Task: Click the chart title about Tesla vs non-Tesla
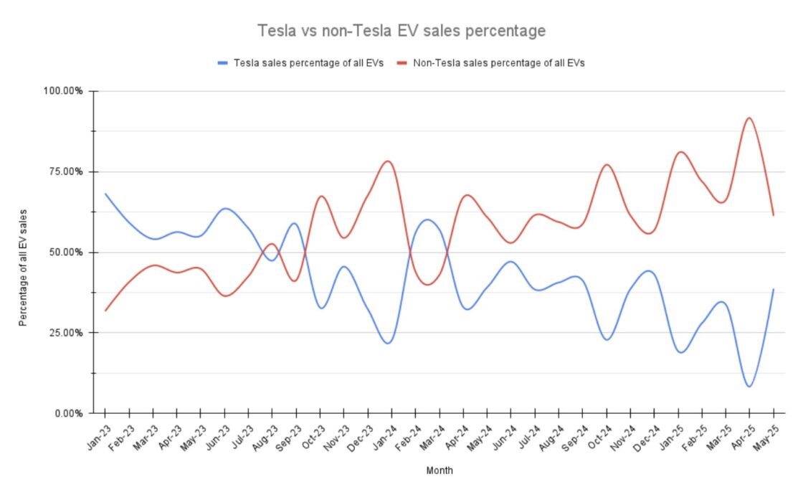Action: coord(401,32)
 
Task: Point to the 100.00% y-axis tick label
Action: coord(64,91)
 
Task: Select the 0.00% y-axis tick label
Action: coord(68,413)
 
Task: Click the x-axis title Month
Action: coord(439,471)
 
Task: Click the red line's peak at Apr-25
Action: coord(749,118)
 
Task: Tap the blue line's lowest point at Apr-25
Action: coord(749,387)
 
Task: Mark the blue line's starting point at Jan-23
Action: coord(105,194)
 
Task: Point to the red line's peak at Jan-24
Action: coord(389,161)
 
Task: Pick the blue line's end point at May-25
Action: coord(774,289)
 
